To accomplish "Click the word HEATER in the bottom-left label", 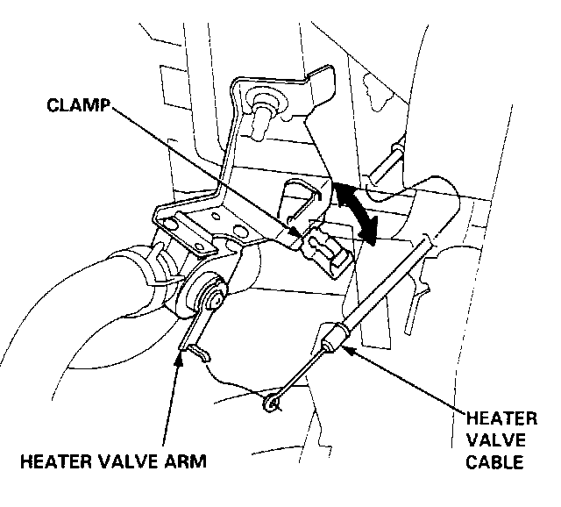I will pos(52,459).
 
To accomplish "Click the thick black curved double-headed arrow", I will pos(355,209).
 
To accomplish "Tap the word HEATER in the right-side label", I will pos(495,420).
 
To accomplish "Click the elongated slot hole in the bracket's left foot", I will pos(185,230).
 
